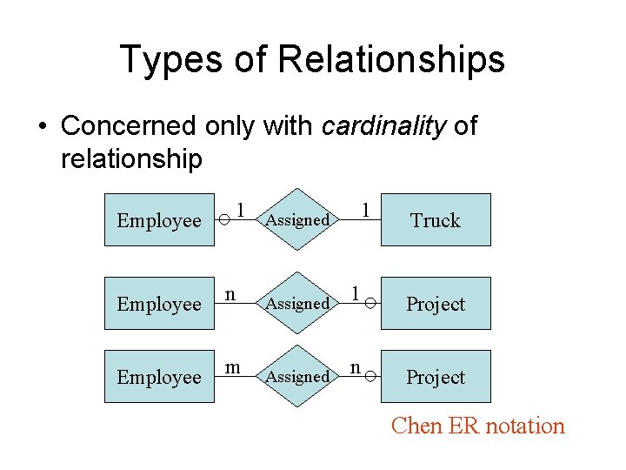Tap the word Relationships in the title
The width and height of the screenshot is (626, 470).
391,60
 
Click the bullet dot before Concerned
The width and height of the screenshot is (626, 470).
41,127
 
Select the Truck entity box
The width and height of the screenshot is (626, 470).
436,220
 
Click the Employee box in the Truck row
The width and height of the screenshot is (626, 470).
159,220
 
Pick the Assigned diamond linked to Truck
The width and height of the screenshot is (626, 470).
297,220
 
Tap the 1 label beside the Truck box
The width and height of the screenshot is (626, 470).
366,210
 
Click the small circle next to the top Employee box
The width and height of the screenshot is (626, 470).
223,221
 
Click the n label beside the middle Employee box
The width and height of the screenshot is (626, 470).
230,293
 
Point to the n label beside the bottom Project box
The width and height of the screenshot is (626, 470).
356,367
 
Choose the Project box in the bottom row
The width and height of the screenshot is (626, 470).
436,377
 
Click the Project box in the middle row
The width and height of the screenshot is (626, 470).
436,304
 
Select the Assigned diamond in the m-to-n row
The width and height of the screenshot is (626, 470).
297,377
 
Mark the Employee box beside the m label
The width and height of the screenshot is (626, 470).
159,377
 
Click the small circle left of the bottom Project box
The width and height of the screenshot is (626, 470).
370,377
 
